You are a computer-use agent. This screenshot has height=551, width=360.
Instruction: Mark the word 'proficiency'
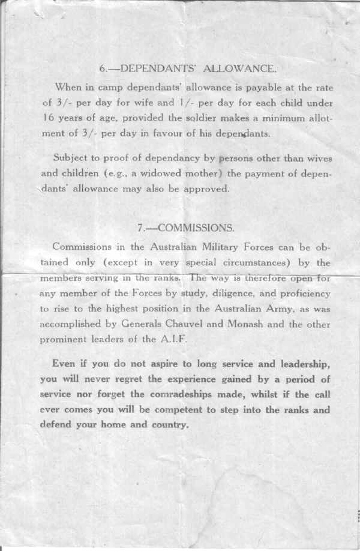point(302,294)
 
